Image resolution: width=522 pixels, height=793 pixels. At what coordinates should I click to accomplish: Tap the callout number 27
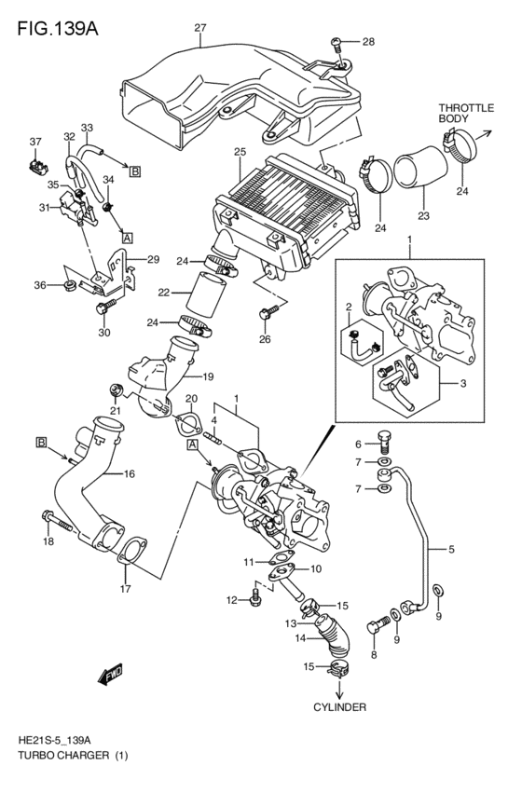199,28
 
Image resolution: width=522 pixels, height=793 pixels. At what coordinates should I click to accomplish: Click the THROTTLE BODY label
465,115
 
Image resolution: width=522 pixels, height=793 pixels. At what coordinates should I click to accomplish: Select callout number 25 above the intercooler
240,151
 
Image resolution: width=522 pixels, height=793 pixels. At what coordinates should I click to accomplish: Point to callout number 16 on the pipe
130,474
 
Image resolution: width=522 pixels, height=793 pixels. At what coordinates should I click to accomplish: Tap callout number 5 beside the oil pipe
451,550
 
